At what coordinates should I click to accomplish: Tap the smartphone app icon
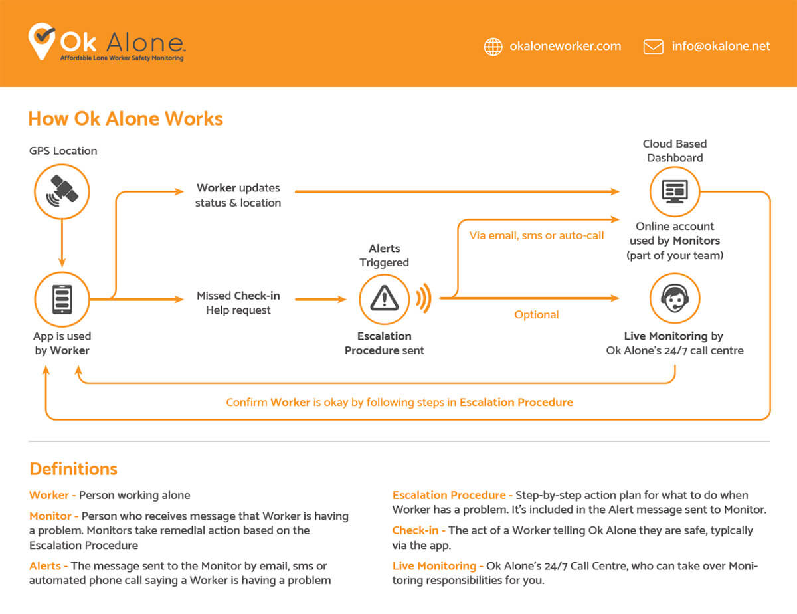[x=61, y=300]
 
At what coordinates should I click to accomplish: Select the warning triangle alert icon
[x=384, y=299]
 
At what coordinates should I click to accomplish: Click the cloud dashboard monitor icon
[x=674, y=192]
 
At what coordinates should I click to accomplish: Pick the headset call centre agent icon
[x=674, y=299]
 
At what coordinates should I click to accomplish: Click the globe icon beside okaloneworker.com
[x=493, y=47]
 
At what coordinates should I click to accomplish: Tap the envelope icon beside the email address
[x=654, y=47]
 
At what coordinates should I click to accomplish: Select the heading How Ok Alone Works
[x=126, y=119]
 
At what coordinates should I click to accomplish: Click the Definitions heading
[x=73, y=469]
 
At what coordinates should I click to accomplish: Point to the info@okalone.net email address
[x=721, y=47]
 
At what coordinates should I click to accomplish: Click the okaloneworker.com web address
[x=565, y=47]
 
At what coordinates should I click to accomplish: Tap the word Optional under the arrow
[x=537, y=315]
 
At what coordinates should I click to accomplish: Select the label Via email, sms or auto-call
[x=537, y=235]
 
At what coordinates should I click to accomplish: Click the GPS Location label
[x=63, y=151]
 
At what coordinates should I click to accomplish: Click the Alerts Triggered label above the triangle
[x=384, y=255]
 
